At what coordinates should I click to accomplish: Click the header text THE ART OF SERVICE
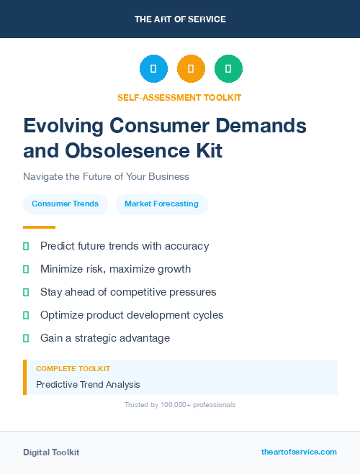[180, 19]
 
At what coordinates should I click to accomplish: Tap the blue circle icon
[153, 69]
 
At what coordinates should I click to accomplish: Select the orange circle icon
[191, 69]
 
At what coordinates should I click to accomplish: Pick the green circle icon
[228, 69]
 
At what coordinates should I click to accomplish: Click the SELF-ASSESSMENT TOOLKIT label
[179, 97]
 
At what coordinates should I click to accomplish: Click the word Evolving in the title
[63, 126]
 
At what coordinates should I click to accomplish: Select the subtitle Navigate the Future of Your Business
[106, 177]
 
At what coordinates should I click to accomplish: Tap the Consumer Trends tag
[65, 204]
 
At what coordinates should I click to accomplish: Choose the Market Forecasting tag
[161, 204]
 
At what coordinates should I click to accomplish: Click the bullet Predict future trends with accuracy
[125, 246]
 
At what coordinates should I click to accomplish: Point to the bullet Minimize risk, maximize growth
[115, 269]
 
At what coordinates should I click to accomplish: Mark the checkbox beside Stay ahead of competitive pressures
[26, 293]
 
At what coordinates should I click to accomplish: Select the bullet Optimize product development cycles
[132, 315]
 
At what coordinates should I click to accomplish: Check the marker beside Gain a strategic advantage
[26, 338]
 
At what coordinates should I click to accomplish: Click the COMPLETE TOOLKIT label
[73, 368]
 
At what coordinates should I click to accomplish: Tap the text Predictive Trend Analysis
[88, 385]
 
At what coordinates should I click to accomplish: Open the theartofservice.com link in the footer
[299, 452]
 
